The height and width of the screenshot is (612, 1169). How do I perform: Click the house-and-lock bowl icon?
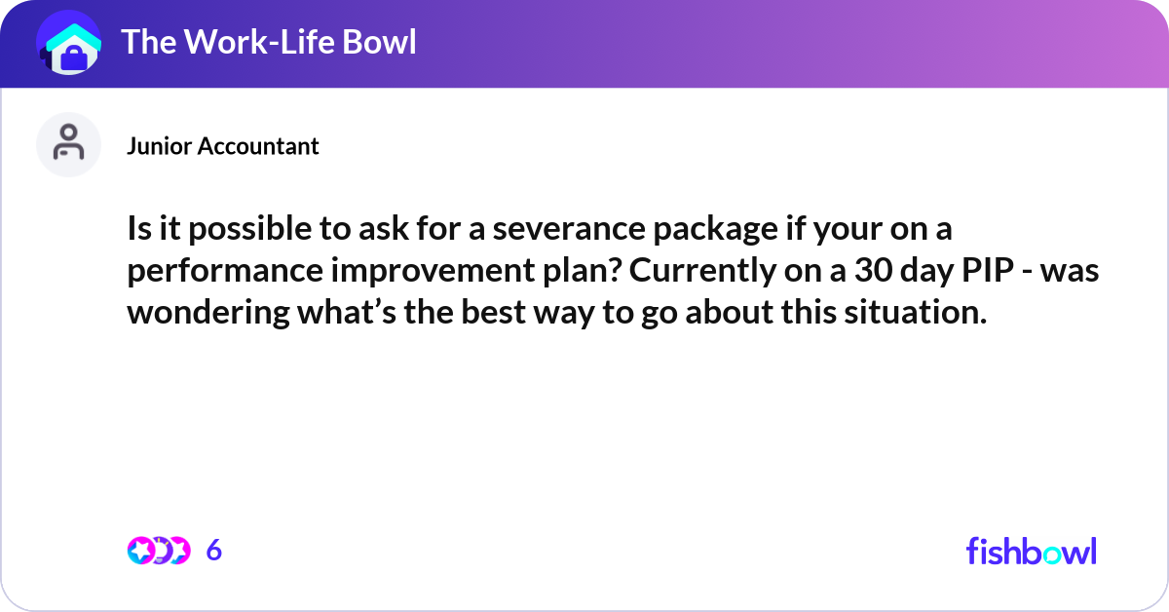click(69, 44)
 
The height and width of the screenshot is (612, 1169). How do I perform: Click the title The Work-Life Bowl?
click(268, 42)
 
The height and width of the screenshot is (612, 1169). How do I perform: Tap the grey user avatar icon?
click(68, 144)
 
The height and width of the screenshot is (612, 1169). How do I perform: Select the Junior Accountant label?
click(223, 146)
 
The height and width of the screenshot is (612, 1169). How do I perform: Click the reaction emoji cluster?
click(158, 551)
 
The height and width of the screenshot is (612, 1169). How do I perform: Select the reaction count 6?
click(214, 551)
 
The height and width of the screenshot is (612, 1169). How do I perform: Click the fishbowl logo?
click(1031, 552)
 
